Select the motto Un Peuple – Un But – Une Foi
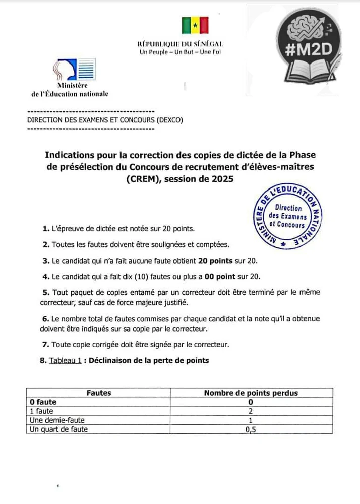pos(181,52)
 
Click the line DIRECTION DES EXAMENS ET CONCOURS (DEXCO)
pos(105,120)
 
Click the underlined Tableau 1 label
pos(65,361)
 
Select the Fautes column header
pos(99,393)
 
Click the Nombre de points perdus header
pos(251,393)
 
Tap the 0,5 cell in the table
pos(251,429)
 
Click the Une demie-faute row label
pos(57,420)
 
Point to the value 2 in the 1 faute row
pos(251,411)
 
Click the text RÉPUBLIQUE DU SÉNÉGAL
pos(180,44)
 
